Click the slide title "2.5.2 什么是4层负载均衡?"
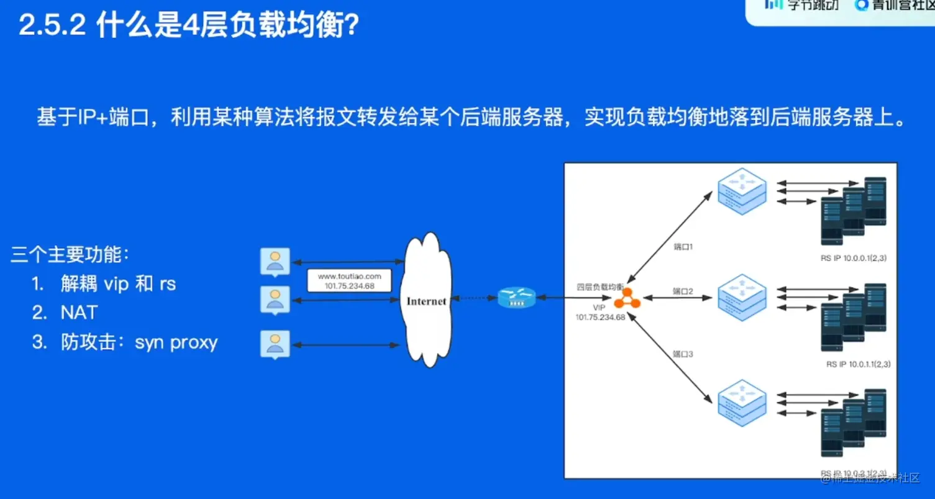pos(189,27)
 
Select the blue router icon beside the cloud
pos(516,298)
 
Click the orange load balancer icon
pos(627,298)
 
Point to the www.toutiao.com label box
pos(350,280)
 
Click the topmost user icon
pos(275,261)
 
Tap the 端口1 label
pos(683,247)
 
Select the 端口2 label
pos(683,290)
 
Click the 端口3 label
pos(683,354)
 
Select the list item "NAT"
pos(79,313)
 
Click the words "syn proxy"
pos(176,342)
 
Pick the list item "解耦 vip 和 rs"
pos(118,284)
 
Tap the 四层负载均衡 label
pos(600,287)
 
